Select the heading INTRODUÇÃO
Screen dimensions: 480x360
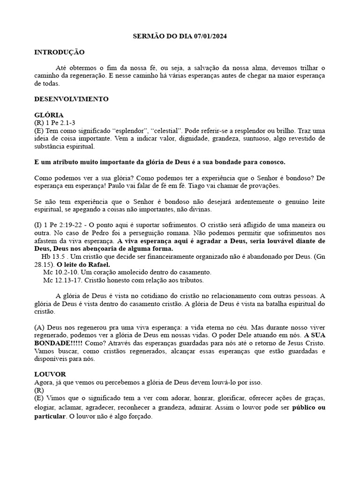click(60, 52)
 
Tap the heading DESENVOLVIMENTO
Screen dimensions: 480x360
click(71, 99)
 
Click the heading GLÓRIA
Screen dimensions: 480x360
click(49, 115)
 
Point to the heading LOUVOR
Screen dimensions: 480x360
click(50, 375)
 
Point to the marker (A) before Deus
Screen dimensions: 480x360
click(40, 327)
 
